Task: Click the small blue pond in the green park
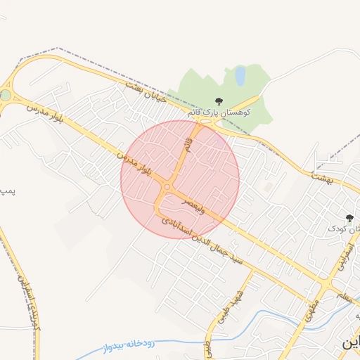pos(240,75)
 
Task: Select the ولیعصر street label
pos(195,205)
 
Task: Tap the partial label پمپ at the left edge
pos(6,190)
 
